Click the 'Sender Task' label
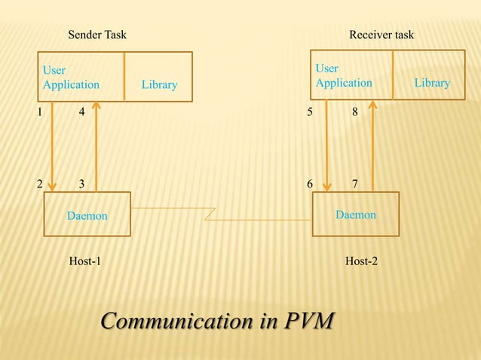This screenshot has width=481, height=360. (x=97, y=35)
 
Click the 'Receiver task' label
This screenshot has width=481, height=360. (x=381, y=35)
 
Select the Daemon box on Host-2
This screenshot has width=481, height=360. (x=355, y=214)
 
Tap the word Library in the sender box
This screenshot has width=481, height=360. (x=159, y=84)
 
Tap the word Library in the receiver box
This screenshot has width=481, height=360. (x=432, y=83)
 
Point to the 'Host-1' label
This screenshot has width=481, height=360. (x=85, y=261)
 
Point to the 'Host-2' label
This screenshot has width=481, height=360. (x=361, y=261)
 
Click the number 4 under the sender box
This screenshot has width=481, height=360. (x=81, y=112)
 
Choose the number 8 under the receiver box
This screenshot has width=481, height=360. (x=354, y=112)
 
